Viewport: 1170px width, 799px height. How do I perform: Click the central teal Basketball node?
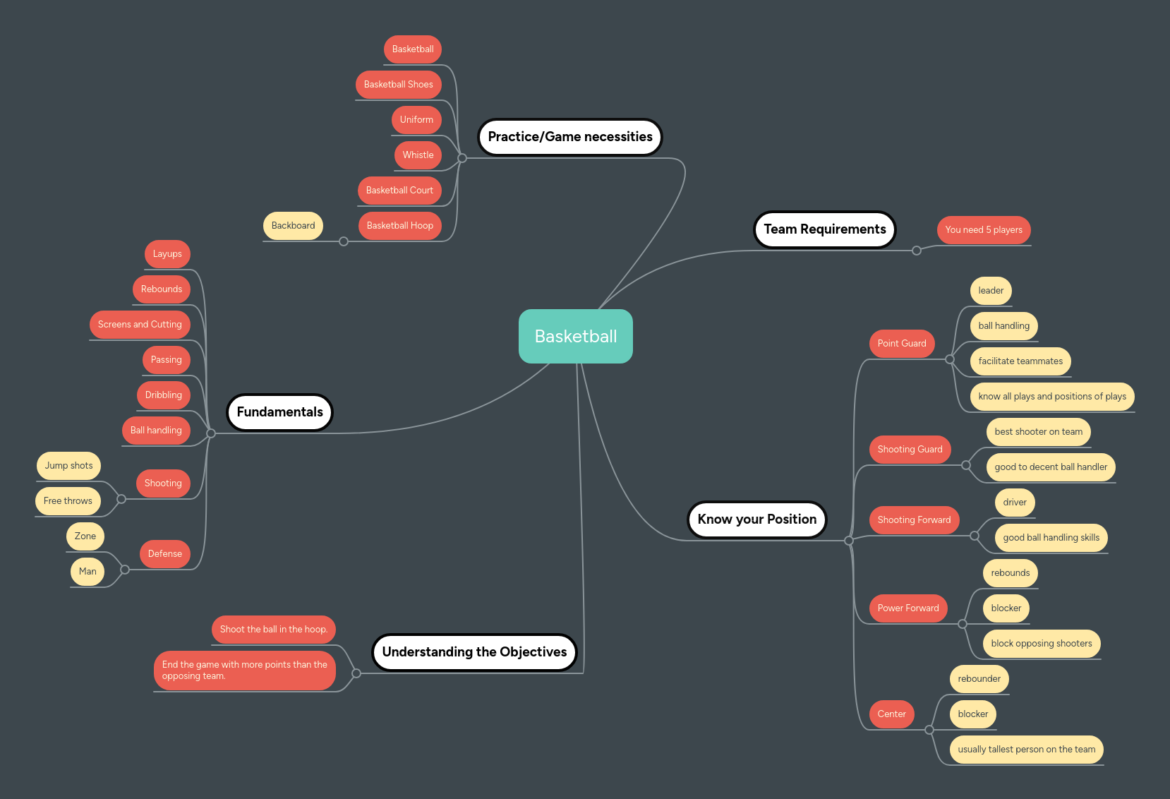(x=575, y=337)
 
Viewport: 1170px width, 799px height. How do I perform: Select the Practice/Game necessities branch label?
(x=569, y=137)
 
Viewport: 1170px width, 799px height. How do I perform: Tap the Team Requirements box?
(x=824, y=229)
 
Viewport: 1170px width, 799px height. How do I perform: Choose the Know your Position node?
(x=756, y=519)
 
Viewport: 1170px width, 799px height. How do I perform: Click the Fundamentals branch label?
(x=279, y=412)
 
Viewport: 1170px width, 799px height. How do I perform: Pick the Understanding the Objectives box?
(x=474, y=652)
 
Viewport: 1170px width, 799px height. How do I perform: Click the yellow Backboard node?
(x=293, y=226)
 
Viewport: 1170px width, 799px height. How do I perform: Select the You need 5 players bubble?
(x=983, y=230)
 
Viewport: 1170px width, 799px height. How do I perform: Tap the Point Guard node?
(x=901, y=344)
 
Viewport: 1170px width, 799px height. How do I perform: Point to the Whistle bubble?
(x=418, y=155)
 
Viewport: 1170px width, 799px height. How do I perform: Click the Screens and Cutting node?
(x=140, y=325)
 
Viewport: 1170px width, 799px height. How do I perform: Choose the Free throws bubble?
(x=68, y=501)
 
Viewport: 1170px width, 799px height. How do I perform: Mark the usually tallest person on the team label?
(x=1026, y=750)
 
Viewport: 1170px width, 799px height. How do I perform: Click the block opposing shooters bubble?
(x=1041, y=644)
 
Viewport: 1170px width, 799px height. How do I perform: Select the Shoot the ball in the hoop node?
(x=273, y=630)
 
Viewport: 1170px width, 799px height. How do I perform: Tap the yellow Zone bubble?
(x=85, y=536)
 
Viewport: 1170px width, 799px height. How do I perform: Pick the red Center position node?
(x=891, y=714)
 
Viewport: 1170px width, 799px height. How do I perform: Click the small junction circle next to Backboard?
(x=344, y=241)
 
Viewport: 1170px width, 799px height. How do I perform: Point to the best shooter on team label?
(x=1038, y=432)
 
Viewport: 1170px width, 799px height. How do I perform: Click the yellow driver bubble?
(x=1014, y=503)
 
